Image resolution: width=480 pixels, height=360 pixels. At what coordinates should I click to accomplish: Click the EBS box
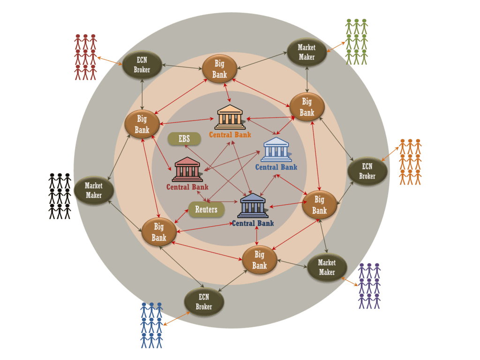coord(184,139)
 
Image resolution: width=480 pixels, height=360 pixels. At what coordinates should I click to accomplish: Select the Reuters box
coord(206,210)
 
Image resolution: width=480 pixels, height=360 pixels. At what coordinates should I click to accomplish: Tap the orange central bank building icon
coord(230,117)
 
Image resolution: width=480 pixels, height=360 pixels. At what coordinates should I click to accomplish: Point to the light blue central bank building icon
coord(276,149)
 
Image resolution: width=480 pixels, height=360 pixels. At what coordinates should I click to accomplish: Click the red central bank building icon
coord(187,169)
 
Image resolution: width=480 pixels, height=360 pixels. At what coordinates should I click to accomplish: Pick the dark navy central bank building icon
coord(253,206)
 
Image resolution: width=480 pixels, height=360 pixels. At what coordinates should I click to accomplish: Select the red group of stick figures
coord(85,57)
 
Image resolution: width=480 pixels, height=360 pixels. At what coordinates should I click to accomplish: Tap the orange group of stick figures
coord(410,162)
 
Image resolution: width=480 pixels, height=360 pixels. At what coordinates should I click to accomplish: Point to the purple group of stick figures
coord(369,285)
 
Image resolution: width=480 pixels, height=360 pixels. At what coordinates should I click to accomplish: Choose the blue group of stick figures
coord(151,325)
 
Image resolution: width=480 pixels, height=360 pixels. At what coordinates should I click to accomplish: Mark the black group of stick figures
coord(60,196)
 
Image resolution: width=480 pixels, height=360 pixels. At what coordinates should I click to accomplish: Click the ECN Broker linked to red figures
coord(142,65)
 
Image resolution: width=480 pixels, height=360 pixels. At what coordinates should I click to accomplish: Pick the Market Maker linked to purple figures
coord(327,267)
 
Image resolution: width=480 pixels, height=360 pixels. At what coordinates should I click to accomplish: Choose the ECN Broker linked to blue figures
coord(204,302)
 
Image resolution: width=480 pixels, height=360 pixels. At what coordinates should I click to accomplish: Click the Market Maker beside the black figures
coord(94,190)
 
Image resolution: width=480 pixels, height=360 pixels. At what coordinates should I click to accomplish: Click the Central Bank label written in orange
coord(230,135)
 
